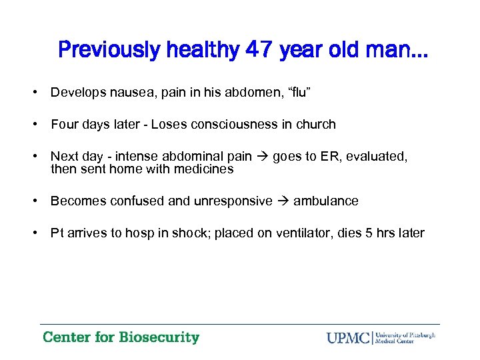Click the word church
315,124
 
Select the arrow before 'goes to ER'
262,156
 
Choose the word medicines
203,169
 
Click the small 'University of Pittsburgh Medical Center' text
405,337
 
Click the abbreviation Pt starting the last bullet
57,233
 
